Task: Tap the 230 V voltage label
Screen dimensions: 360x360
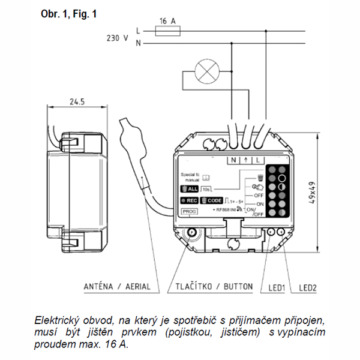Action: pos(117,37)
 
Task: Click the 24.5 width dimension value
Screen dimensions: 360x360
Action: pos(77,102)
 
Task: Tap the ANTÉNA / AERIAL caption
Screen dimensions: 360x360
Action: pos(117,287)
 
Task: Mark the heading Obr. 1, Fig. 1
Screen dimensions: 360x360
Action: pos(69,13)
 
